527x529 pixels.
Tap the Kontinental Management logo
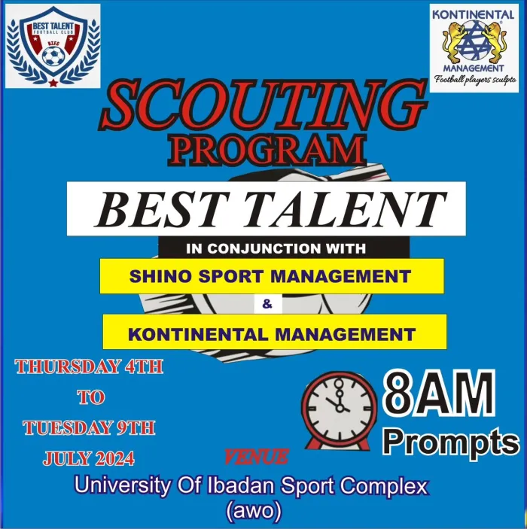click(x=474, y=47)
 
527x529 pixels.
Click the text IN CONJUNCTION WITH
click(x=276, y=248)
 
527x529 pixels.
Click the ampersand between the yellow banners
click(x=266, y=304)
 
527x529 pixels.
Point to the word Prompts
click(x=449, y=442)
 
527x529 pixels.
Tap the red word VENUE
click(x=256, y=456)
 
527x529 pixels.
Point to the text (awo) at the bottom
click(x=253, y=511)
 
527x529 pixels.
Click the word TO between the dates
click(x=90, y=397)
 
